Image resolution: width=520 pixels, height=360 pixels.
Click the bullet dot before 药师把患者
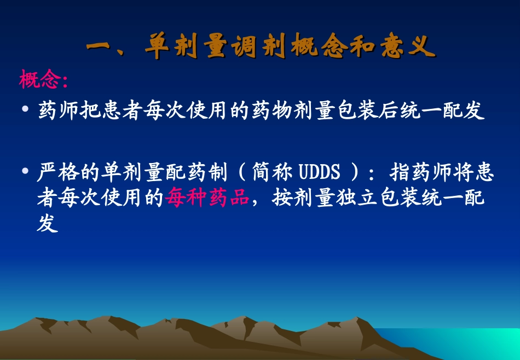pos(25,110)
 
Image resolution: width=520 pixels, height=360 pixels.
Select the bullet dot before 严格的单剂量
pos(25,173)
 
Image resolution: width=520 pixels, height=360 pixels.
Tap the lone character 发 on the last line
pos(48,223)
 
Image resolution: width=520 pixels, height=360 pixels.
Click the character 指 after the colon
pos(400,173)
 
